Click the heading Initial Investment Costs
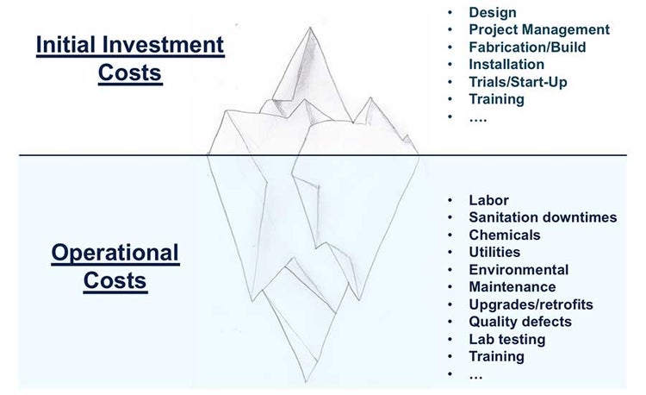129,57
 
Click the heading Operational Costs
115,266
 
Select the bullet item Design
493,12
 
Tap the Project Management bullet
539,29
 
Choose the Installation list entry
506,64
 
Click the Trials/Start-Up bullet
518,81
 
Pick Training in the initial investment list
496,98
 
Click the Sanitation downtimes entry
543,217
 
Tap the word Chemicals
505,235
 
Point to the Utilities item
494,252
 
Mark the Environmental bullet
519,269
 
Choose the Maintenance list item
512,286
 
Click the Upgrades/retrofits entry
531,304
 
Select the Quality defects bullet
520,322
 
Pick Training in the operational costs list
496,356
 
